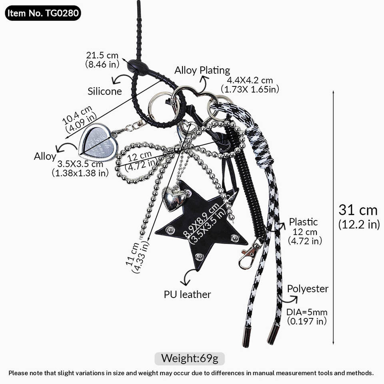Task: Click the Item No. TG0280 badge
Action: (43, 13)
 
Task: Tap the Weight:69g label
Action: (190, 358)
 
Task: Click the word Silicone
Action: (105, 91)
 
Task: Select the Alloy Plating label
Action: (202, 70)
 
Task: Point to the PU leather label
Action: (187, 294)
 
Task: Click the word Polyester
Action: (308, 288)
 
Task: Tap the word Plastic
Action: (303, 222)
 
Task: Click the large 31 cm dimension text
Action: (358, 210)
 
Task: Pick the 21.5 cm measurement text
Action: (102, 55)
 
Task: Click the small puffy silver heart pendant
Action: (174, 198)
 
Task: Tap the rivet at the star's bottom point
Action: (199, 256)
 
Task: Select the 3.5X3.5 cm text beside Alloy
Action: (80, 164)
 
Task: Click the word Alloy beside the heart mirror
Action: (45, 156)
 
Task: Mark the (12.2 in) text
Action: (359, 225)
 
